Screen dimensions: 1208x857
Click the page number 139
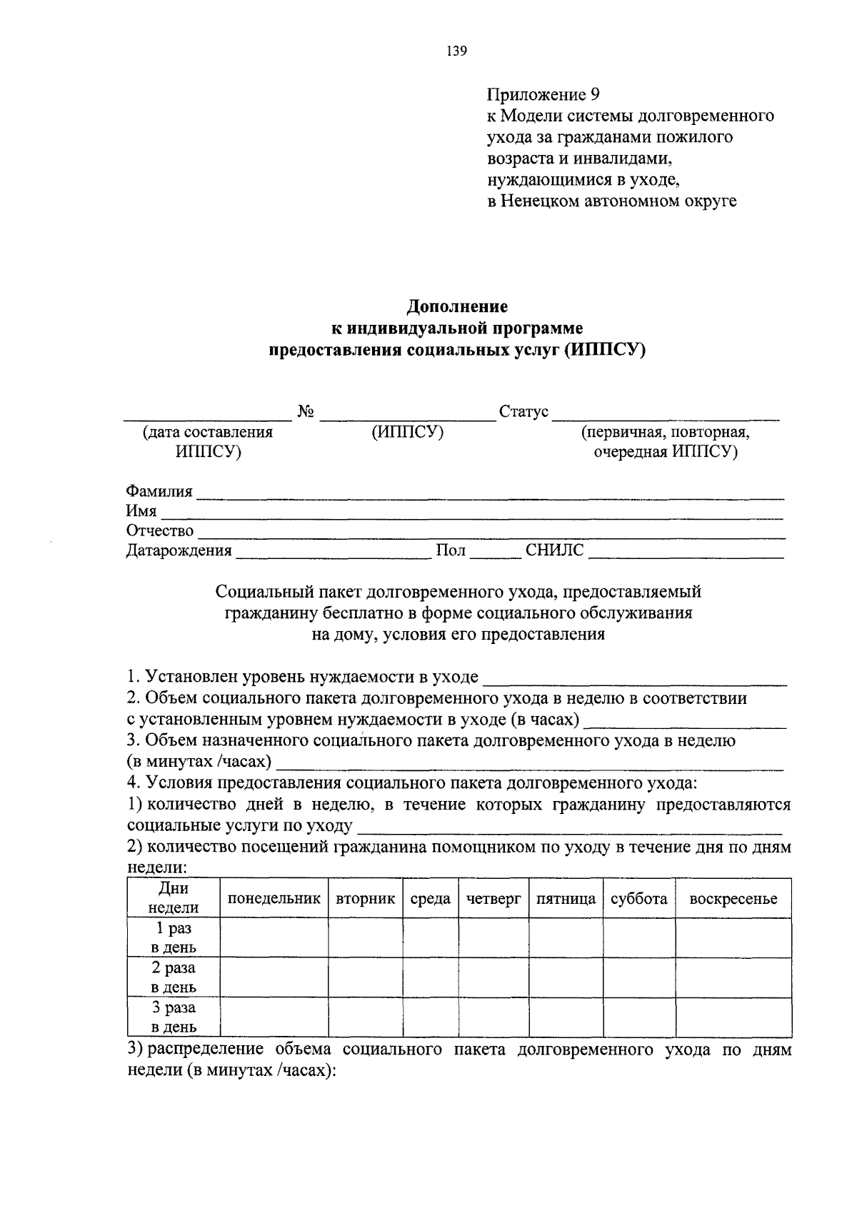point(456,51)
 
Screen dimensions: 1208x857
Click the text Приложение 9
point(543,94)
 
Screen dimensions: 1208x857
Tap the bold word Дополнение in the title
point(457,306)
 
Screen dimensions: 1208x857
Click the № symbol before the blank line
point(306,412)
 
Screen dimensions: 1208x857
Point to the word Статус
point(523,412)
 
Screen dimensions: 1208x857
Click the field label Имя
point(141,511)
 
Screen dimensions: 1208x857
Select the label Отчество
point(160,530)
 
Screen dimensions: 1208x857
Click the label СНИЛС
point(554,550)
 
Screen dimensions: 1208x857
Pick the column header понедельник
point(274,899)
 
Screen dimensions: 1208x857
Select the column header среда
point(430,899)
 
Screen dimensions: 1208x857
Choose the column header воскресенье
point(733,899)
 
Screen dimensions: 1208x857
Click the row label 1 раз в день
point(174,938)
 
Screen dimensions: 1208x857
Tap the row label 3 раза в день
point(174,1017)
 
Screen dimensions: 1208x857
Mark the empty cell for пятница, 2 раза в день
point(566,977)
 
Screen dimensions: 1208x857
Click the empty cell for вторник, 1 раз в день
point(365,937)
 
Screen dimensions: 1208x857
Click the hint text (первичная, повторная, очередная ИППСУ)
point(665,442)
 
